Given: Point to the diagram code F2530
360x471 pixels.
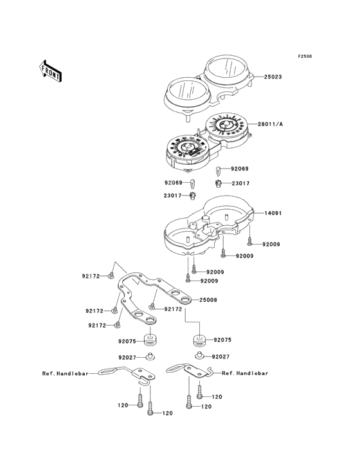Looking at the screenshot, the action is pos(305,56).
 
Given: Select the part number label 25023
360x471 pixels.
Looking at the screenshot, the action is pos(273,77).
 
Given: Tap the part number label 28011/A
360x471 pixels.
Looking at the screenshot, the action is pos(270,124).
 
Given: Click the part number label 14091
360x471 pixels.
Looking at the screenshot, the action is pos(273,213).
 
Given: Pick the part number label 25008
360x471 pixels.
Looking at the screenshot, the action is pos(208,300).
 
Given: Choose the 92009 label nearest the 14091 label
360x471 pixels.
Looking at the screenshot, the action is pos(271,245).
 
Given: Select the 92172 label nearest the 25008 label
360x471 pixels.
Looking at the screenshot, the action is pos(173,309).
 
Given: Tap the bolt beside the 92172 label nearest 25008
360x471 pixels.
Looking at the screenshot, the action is pos(152,306).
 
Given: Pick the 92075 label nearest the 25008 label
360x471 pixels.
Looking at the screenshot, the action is pos(222,340).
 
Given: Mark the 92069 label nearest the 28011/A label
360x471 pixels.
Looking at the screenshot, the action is pos(240,169).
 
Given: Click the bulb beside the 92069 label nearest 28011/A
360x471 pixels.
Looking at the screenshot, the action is pos(219,171).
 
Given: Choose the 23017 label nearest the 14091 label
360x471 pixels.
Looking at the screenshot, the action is pos(240,183).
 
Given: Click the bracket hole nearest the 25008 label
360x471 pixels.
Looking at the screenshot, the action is pos(185,299).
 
